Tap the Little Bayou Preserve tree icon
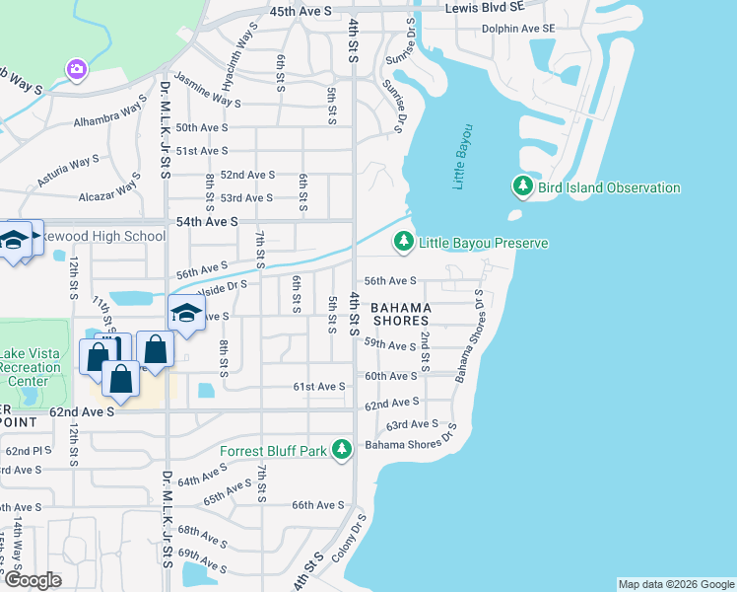(x=403, y=242)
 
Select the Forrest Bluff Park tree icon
(x=342, y=451)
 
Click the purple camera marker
(x=76, y=69)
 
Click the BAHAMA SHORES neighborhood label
(x=400, y=314)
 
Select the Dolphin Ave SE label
(x=518, y=29)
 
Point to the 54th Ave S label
(x=207, y=223)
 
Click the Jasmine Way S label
(x=207, y=90)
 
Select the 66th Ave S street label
(x=317, y=505)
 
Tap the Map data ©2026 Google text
(x=675, y=584)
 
